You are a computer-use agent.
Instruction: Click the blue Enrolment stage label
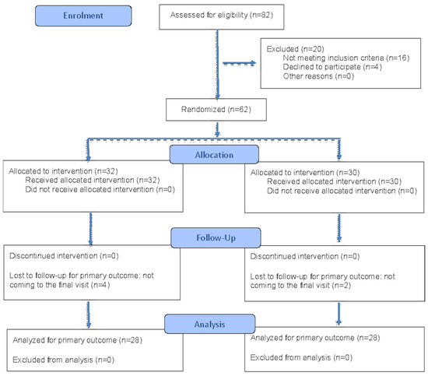83,16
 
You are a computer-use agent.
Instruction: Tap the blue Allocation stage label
214,155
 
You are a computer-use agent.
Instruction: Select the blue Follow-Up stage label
216,237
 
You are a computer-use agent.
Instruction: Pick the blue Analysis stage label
209,324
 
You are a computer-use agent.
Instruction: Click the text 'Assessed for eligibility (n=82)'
222,15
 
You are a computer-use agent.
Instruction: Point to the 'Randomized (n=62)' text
216,110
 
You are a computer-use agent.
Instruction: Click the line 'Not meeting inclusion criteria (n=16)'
346,58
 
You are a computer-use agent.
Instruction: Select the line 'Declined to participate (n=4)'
332,67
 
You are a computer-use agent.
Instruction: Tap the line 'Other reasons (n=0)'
318,76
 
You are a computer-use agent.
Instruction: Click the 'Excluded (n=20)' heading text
296,49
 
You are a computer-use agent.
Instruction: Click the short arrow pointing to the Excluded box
240,63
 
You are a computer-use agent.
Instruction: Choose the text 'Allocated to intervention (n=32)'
63,171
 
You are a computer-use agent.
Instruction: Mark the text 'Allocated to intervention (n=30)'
305,173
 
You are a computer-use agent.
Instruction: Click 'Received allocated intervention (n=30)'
334,181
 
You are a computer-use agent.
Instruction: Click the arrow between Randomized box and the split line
217,129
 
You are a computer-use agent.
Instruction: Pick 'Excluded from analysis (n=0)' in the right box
301,357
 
